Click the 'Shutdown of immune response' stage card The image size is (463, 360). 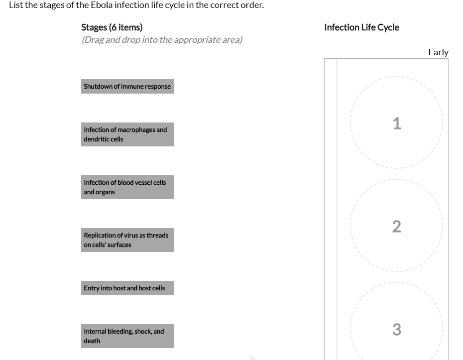point(127,86)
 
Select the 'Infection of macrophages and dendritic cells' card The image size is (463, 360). point(127,134)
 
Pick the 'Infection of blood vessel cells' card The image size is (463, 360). point(127,187)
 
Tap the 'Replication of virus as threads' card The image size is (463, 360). point(127,240)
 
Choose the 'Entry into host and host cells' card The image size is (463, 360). point(127,288)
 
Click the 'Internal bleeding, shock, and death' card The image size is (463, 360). point(127,336)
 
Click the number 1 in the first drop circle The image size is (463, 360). point(396,123)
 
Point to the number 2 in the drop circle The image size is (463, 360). point(396,227)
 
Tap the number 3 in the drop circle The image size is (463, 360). point(396,330)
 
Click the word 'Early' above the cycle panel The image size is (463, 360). point(438,52)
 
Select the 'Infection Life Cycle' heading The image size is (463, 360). point(361,27)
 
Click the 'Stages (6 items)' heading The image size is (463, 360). point(112,27)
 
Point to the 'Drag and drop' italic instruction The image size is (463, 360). point(162,40)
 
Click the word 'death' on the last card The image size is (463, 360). point(92,341)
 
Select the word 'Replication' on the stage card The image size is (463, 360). point(100,236)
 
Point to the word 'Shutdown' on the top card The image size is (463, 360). point(98,87)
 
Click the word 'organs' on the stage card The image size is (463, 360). point(106,192)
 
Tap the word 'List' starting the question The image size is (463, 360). point(15,5)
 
